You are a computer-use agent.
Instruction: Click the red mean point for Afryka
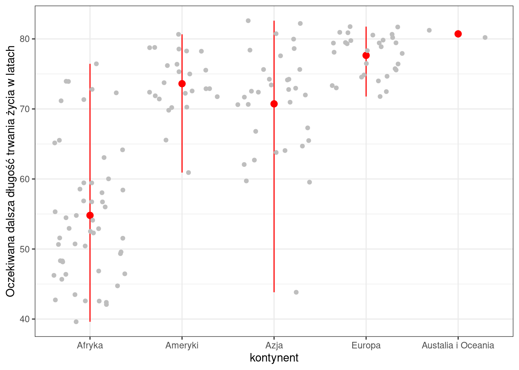90,215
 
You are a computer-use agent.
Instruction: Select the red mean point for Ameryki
182,84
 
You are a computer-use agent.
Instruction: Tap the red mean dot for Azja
274,104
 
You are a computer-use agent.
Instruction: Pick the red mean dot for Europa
366,55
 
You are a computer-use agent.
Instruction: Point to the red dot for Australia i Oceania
458,34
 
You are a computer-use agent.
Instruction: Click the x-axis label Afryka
90,345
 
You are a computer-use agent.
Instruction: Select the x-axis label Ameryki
182,345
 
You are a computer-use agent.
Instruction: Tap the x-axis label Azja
274,345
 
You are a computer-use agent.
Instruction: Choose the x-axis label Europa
366,345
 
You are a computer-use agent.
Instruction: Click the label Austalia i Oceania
458,345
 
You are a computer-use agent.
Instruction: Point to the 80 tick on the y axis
25,39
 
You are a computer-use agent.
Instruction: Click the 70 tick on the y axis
25,109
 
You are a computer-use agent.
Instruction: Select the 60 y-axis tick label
25,179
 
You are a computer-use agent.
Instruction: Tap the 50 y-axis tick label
25,249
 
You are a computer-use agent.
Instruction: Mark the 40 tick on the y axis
25,319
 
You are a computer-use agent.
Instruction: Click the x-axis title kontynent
274,358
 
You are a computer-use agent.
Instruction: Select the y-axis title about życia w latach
10,171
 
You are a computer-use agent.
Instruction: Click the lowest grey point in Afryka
76,322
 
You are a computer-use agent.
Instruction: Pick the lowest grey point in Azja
296,292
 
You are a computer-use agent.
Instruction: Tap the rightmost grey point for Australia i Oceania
485,37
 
